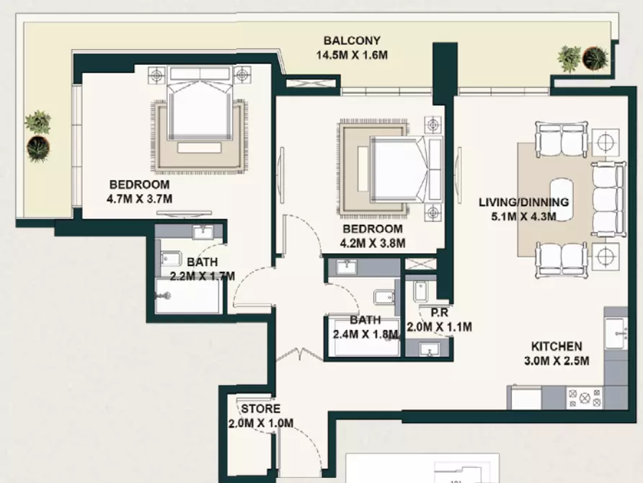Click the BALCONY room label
pos(352,40)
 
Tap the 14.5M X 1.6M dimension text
pos(352,55)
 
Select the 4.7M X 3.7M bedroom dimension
pos(139,199)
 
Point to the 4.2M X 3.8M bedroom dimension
pos(373,243)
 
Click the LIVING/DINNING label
pos(523,202)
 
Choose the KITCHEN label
pos(556,347)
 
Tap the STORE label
pos(261,409)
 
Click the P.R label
pos(439,313)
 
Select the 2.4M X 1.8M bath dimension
pos(365,334)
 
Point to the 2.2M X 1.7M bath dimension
pos(202,276)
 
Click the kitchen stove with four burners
pos(585,398)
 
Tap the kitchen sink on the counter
pos(616,333)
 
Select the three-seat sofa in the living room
pos(608,200)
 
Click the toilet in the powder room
pos(420,291)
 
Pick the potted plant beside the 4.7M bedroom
pos(38,122)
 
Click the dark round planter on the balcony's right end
pos(595,58)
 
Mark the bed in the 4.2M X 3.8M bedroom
pos(407,169)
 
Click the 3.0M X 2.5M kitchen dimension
pos(556,361)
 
